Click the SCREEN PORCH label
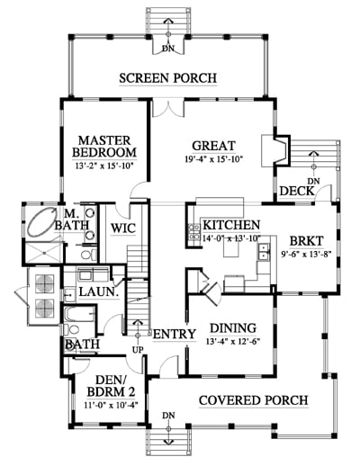click(x=167, y=78)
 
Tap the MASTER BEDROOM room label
click(x=104, y=147)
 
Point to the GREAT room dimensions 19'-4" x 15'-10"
click(x=213, y=159)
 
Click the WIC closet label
click(x=123, y=229)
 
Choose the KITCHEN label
click(x=231, y=225)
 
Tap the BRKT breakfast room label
click(x=306, y=241)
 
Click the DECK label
click(x=297, y=191)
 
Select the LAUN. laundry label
click(x=99, y=291)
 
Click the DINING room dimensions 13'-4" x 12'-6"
click(x=232, y=341)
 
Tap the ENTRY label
click(x=175, y=334)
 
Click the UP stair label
click(x=138, y=350)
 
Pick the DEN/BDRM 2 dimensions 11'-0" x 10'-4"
click(x=111, y=406)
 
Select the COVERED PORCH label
click(x=254, y=400)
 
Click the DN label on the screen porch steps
click(x=168, y=49)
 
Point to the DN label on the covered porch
click(x=168, y=416)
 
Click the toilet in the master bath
click(x=87, y=255)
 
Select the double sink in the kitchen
click(x=264, y=251)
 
